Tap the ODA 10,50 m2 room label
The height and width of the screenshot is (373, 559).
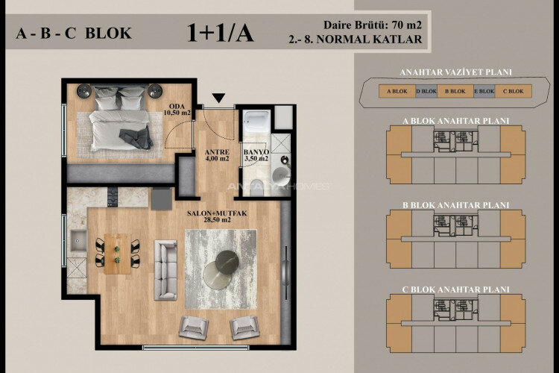[178, 109]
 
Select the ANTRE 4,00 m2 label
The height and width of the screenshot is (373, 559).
[217, 154]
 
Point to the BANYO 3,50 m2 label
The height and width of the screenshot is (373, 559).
[257, 154]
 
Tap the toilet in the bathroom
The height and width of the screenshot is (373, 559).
[281, 175]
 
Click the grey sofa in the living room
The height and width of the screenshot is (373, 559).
[165, 266]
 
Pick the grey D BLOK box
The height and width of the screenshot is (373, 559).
[425, 92]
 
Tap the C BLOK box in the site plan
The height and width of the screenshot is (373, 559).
[512, 92]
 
